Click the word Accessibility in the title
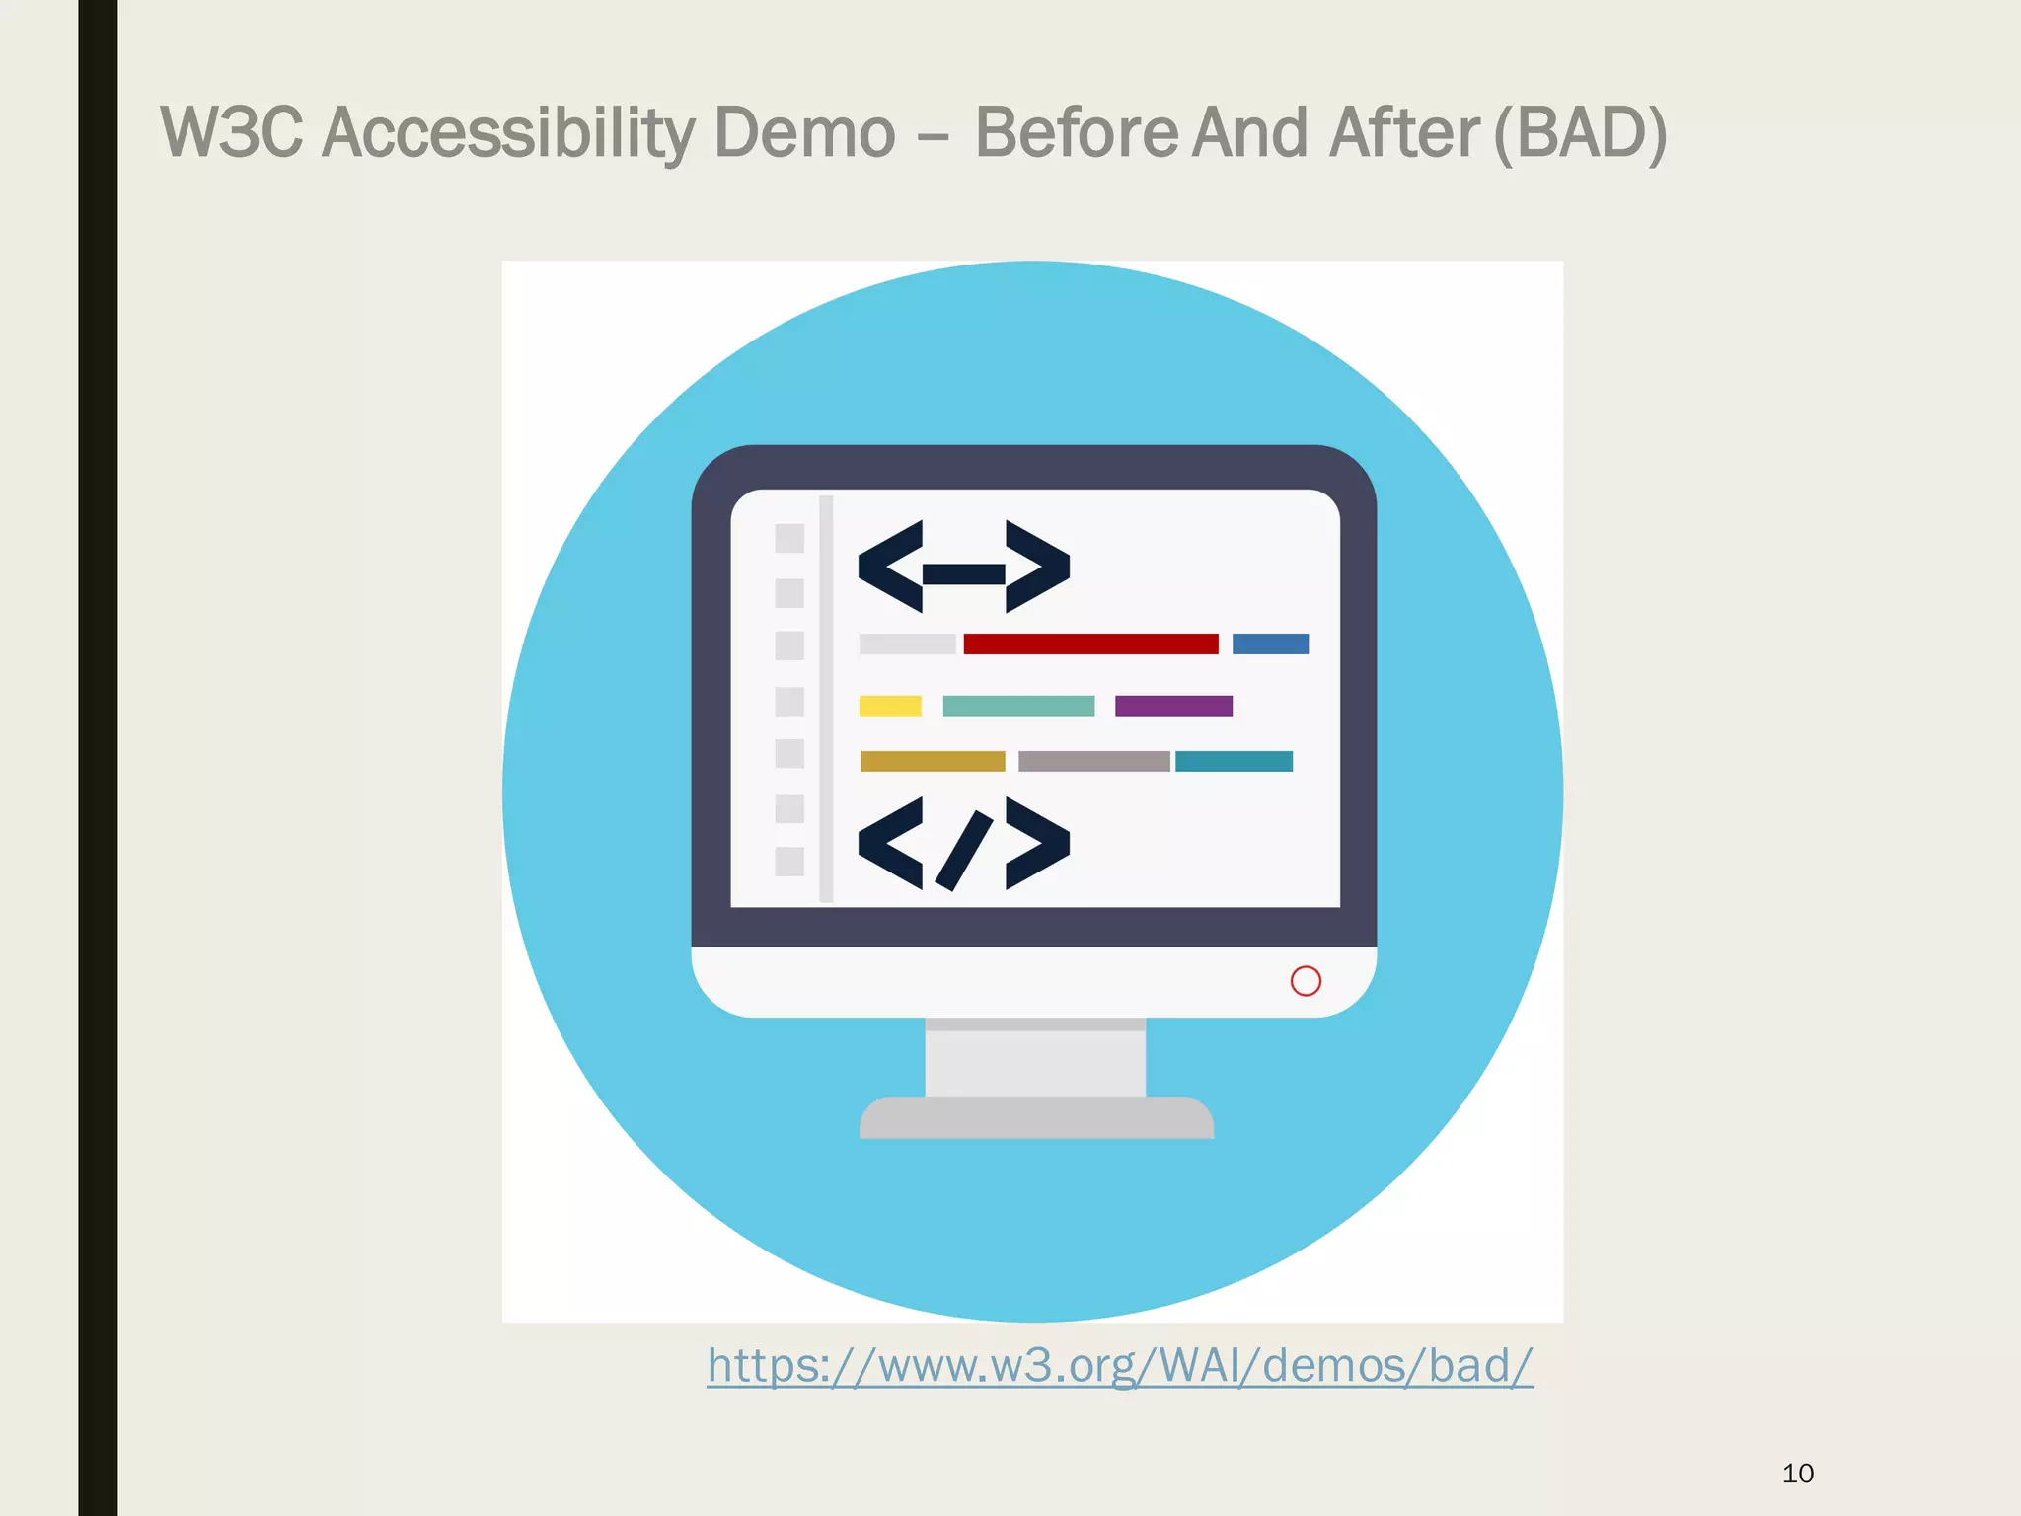point(508,133)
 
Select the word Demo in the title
point(804,133)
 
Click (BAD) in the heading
point(1580,133)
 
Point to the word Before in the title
point(1077,133)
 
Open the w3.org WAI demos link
point(1120,1366)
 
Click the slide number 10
point(1798,1474)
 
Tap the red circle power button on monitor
point(1306,981)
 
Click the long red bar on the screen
point(1090,644)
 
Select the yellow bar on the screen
point(890,706)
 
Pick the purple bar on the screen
point(1173,706)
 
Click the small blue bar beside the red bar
point(1270,644)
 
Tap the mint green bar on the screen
point(1018,706)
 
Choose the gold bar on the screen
point(933,761)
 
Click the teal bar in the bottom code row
point(1234,761)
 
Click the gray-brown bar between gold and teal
point(1093,761)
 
